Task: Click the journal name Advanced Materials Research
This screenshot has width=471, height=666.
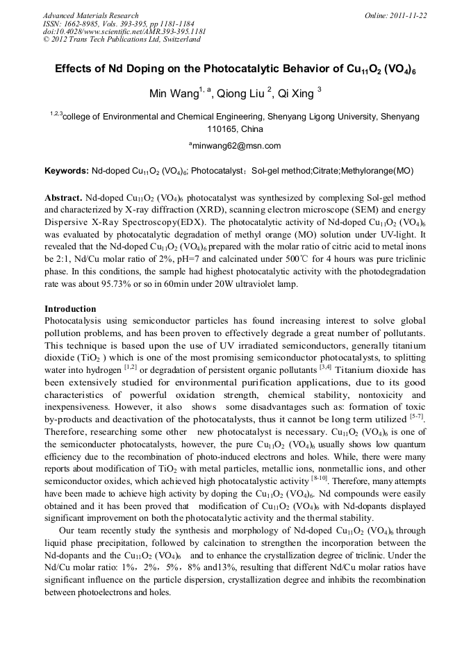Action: (90, 15)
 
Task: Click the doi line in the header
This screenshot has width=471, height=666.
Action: (124, 31)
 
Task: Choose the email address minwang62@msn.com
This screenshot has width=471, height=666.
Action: (236, 146)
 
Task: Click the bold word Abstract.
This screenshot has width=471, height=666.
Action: (64, 197)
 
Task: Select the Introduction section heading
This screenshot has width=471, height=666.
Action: (70, 308)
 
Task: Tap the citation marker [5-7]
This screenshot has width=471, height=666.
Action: (417, 417)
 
